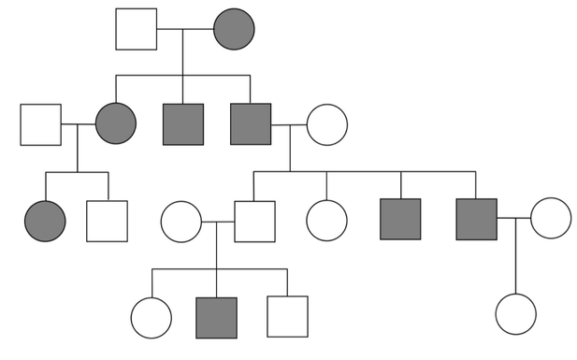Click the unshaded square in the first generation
click(136, 29)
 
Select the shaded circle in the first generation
click(234, 29)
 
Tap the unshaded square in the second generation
click(40, 124)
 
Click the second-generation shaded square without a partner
click(183, 124)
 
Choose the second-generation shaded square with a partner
click(251, 124)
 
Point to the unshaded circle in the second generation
click(327, 124)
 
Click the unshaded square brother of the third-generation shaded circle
click(107, 221)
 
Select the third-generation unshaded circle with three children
click(181, 221)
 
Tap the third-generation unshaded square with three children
click(254, 221)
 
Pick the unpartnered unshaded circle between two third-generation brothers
click(327, 221)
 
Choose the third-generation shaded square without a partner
click(401, 221)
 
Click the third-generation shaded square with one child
click(476, 219)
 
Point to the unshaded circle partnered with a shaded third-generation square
click(550, 219)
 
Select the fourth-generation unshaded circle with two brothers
click(151, 317)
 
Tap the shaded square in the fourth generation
click(216, 317)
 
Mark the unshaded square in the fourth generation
click(287, 317)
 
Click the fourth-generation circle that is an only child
click(516, 314)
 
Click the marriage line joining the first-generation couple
click(184, 29)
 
